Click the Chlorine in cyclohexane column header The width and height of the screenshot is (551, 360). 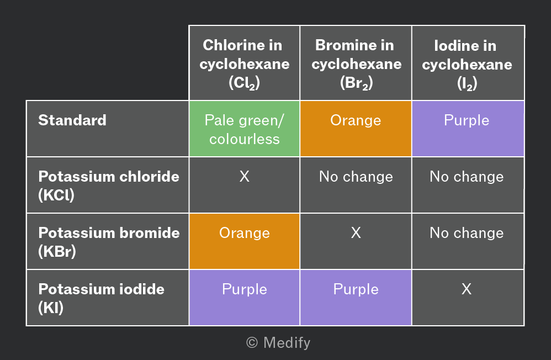pos(244,63)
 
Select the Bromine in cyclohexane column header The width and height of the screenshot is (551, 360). pos(356,63)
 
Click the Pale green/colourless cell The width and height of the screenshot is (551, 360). pos(244,129)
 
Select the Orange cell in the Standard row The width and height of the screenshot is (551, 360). pos(356,129)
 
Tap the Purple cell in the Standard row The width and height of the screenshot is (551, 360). pos(468,129)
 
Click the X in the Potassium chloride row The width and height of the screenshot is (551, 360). pos(244,176)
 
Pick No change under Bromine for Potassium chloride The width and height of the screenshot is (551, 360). pos(356,177)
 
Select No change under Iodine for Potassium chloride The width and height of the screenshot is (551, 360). pos(467,177)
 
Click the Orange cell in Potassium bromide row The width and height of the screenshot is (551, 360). pos(244,241)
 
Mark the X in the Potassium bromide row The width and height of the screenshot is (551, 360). pos(356,232)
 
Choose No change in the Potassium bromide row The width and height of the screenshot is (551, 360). pos(467,233)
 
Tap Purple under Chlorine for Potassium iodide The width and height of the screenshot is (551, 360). pos(244,298)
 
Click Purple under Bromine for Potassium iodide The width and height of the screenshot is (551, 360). pos(356,298)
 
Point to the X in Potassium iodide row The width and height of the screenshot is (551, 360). pos(467,289)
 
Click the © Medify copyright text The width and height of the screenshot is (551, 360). pos(278,343)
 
